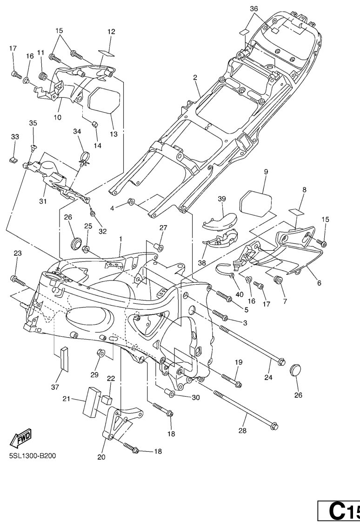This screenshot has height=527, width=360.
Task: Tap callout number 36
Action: pos(253,9)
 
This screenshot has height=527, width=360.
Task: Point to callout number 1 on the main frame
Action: pos(120,239)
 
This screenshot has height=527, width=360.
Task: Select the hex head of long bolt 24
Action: pos(280,361)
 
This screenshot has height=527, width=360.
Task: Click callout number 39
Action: pos(221,199)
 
